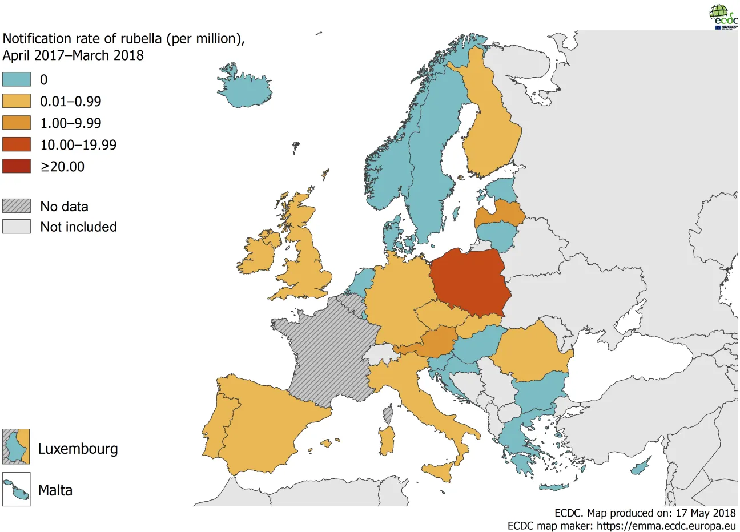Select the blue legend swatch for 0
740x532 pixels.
(17, 79)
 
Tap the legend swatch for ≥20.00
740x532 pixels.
(17, 166)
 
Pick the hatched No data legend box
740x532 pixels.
(17, 206)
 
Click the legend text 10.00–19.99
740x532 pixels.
(78, 145)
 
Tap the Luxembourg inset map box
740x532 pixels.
(16, 446)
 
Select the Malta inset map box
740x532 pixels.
(16, 489)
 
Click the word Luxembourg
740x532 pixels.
(78, 449)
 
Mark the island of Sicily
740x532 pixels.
(438, 472)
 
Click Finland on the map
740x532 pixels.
(491, 126)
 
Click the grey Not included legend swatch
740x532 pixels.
(17, 227)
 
